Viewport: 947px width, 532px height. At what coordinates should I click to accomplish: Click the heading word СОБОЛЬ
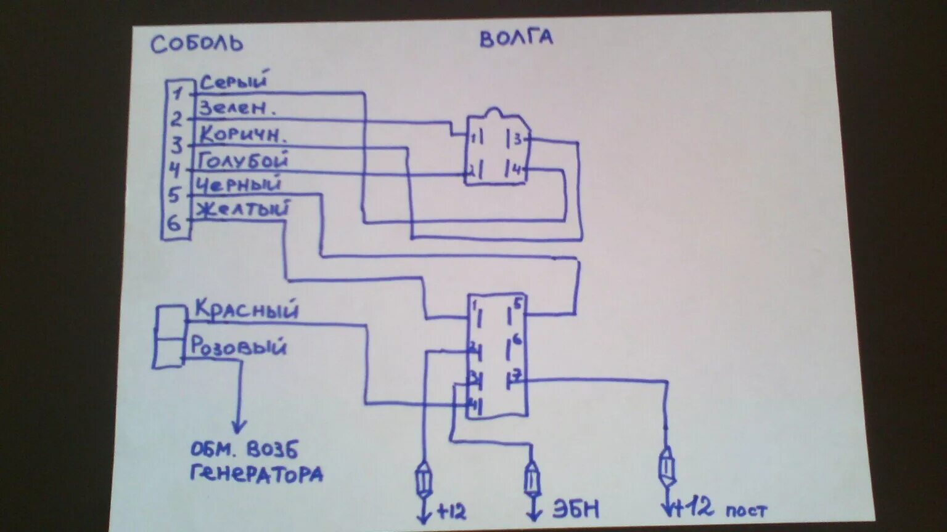coord(197,44)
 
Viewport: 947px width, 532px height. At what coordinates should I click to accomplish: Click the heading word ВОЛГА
coord(516,38)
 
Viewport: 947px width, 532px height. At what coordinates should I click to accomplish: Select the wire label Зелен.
coord(236,108)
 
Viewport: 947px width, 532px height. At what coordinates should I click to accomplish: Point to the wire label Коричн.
coord(244,134)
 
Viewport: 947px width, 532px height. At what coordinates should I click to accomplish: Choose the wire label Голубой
coord(243,161)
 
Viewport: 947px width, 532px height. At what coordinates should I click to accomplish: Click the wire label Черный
coord(239,184)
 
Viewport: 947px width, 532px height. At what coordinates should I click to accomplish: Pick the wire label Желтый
coord(242,209)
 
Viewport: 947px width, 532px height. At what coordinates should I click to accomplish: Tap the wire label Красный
coord(246,309)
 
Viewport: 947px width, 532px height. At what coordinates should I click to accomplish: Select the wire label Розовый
coord(238,346)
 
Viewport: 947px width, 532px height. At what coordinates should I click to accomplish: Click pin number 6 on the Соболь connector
coord(174,223)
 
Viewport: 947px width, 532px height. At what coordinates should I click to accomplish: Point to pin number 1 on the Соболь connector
coord(178,94)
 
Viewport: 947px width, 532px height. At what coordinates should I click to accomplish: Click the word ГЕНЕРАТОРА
coord(256,474)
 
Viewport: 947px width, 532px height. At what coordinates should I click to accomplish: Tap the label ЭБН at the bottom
coord(575,509)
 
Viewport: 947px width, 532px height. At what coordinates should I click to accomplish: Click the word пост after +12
coord(745,510)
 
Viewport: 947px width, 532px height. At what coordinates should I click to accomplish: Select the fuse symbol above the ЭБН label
coord(532,480)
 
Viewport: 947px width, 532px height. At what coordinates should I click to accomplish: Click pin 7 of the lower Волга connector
coord(517,375)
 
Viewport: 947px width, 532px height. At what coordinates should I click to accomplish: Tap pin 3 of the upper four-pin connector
coord(518,139)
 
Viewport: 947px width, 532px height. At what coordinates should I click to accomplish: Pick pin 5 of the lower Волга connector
coord(517,303)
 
